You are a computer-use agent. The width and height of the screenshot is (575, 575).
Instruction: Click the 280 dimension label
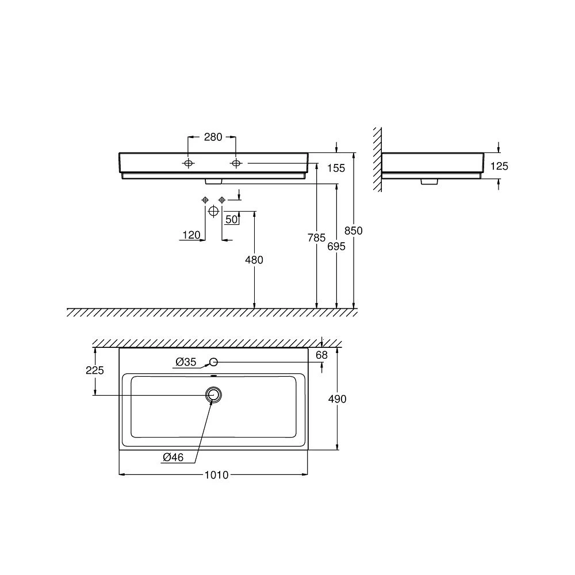pos(213,137)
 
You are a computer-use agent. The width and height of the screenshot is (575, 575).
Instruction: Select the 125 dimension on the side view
pos(500,166)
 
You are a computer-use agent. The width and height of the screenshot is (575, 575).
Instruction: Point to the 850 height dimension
pos(354,231)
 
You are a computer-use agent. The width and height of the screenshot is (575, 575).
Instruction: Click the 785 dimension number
pos(316,237)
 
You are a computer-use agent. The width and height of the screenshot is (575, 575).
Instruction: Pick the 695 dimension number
pos(336,246)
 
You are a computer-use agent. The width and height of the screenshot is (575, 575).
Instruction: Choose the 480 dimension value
pos(254,260)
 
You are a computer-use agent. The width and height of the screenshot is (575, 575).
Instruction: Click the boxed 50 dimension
pos(232,219)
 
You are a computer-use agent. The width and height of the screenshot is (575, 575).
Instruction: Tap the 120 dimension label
pos(191,235)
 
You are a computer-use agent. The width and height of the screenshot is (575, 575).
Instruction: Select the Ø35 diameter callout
pos(186,362)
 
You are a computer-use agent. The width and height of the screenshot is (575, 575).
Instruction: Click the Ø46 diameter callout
pos(172,458)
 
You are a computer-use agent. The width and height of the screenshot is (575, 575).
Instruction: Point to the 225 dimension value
pos(95,370)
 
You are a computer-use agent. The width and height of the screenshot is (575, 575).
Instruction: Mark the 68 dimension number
pos(321,355)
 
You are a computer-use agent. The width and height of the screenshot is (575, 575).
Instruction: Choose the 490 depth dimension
pos(337,398)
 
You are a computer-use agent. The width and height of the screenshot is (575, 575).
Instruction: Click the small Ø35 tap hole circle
pos(213,362)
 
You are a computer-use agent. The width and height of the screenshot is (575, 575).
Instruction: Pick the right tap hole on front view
pos(236,164)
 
